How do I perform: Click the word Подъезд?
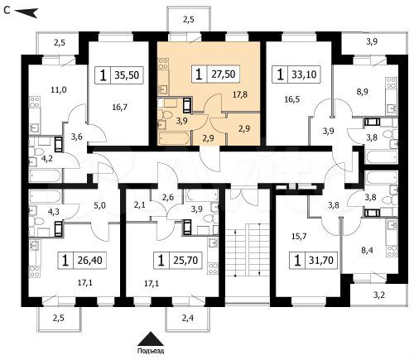click(152, 351)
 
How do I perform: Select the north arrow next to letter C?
click(28, 11)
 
